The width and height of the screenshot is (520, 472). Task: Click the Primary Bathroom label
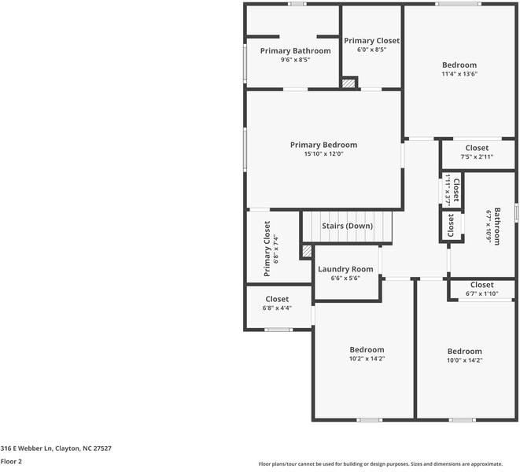click(x=295, y=51)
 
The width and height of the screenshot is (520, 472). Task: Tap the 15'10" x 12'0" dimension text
click(x=323, y=154)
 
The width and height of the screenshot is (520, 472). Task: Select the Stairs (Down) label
click(x=347, y=226)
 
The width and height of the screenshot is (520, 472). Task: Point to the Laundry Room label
click(x=345, y=269)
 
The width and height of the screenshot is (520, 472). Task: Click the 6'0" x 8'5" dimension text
click(x=371, y=50)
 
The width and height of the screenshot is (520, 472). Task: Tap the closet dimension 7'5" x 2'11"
click(x=477, y=157)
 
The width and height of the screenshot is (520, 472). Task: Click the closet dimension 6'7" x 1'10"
click(x=482, y=293)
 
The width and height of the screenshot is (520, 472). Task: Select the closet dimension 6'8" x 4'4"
click(x=277, y=308)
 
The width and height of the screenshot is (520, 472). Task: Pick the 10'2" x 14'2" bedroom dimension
click(x=367, y=359)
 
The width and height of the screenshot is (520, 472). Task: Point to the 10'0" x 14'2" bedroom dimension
click(x=464, y=360)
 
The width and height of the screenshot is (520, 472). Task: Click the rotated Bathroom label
click(x=497, y=227)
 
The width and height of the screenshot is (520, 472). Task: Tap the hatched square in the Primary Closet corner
click(x=349, y=83)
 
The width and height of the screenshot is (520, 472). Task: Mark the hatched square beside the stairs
click(x=307, y=251)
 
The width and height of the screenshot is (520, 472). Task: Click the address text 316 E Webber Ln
click(x=26, y=448)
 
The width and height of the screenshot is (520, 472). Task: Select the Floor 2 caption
click(x=11, y=462)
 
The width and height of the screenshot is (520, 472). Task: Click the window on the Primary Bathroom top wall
click(x=297, y=4)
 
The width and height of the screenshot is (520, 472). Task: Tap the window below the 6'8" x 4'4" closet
click(x=278, y=330)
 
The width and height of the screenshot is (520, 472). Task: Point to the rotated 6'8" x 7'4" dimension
click(x=276, y=249)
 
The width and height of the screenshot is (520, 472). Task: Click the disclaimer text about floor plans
click(x=381, y=464)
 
